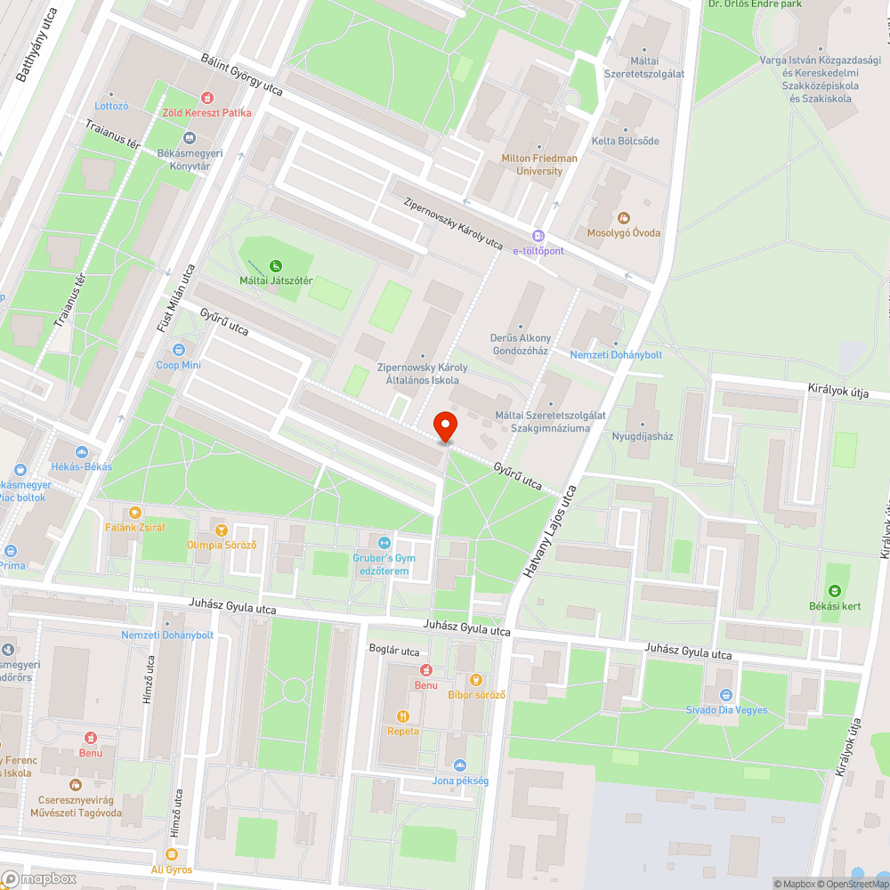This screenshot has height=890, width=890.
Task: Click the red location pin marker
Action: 444,425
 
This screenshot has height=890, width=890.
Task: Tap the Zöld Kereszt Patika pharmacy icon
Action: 207,97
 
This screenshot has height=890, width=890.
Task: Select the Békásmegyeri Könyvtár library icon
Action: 189,138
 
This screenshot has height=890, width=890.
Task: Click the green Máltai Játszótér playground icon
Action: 276,265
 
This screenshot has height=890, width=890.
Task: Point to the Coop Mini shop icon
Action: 179,350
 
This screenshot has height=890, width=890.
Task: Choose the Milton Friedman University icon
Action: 539,147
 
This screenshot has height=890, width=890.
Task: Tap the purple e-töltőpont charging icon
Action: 538,236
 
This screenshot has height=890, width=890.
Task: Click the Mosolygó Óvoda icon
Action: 623,217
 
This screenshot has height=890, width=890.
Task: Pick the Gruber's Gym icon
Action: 384,542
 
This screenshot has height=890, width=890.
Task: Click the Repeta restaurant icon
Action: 403,716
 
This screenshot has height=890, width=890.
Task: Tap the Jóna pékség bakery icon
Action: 460,765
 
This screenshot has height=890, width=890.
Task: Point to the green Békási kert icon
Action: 835,591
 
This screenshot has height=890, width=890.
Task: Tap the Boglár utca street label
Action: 393,651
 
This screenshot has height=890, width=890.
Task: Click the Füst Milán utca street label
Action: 176,298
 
